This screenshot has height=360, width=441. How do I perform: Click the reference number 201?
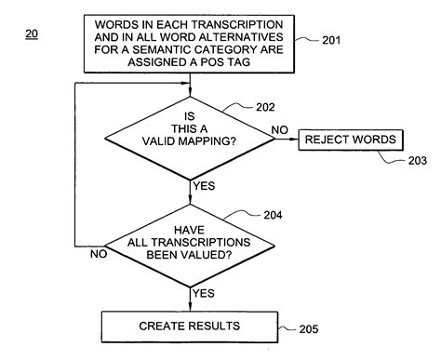pyautogui.click(x=333, y=40)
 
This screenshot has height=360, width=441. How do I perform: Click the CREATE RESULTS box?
pyautogui.click(x=190, y=326)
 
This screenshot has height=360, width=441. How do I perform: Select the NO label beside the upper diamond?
pyautogui.click(x=276, y=131)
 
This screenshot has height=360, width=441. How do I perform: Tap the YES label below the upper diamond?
pyautogui.click(x=204, y=187)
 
